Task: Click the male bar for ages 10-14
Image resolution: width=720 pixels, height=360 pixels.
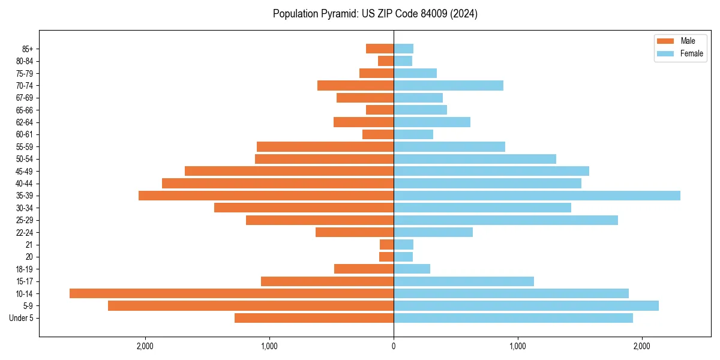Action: point(232,293)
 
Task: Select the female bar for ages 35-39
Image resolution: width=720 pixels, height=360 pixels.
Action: point(537,196)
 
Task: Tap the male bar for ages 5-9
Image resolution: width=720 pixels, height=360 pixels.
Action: point(251,305)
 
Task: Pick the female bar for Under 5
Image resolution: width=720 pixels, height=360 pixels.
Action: point(513,318)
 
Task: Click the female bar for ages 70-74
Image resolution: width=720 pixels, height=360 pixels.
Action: point(448,85)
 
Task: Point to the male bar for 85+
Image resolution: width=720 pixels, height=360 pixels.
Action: point(380,49)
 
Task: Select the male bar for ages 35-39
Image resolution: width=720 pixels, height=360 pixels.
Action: point(266,196)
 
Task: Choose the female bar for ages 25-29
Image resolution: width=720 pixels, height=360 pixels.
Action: point(506,220)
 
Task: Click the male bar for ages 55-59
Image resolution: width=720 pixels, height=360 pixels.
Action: point(325,146)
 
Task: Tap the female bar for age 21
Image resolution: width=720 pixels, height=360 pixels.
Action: point(403,244)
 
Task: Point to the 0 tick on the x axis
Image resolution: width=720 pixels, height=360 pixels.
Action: point(394,346)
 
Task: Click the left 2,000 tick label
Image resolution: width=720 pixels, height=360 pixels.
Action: point(145,346)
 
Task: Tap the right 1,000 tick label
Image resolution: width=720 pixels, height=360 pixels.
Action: point(518,346)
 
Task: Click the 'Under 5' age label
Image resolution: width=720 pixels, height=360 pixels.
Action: point(21,318)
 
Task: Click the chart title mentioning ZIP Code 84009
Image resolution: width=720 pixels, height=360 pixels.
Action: point(375,14)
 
